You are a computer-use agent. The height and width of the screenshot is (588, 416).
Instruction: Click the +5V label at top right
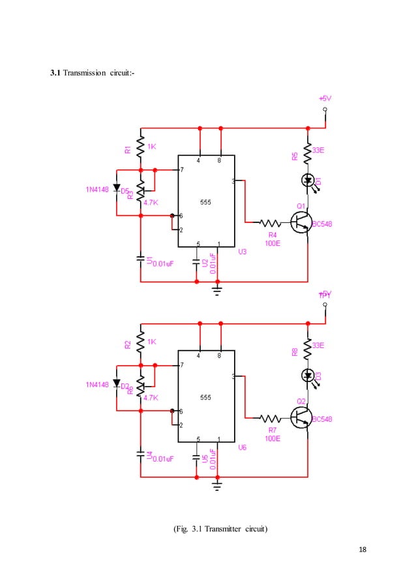324,98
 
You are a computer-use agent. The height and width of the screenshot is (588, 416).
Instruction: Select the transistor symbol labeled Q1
301,222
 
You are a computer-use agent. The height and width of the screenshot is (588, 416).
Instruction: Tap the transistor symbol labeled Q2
301,417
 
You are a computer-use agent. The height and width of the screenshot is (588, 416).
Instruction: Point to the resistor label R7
272,430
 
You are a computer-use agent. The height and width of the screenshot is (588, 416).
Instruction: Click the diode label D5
125,190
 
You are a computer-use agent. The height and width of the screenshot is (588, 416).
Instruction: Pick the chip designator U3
241,251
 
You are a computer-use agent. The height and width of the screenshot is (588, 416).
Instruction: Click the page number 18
363,551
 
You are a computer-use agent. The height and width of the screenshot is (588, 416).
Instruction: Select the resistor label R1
128,149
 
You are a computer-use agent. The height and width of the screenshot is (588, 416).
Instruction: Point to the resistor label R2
128,344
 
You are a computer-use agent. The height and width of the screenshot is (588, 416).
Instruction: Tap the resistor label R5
295,156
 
